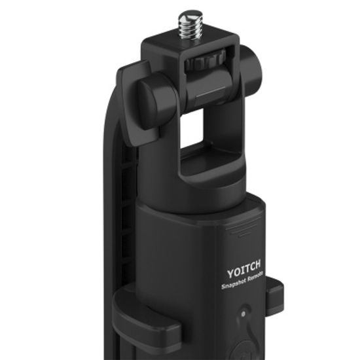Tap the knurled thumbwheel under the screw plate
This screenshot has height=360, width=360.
[205, 61]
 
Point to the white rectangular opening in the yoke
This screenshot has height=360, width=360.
[192, 129]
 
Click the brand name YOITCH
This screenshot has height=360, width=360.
[244, 269]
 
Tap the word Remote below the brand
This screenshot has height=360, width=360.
[255, 276]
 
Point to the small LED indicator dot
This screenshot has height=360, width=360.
[243, 314]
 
